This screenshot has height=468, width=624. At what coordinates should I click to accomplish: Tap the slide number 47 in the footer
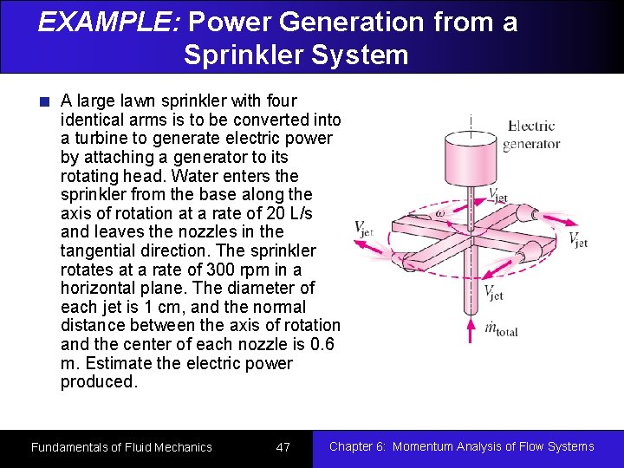coord(283,447)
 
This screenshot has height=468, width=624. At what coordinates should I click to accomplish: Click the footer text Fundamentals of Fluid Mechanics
coord(121,447)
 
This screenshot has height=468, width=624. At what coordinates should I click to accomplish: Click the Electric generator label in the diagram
coord(531,135)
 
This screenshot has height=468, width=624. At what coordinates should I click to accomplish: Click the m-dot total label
coord(501,328)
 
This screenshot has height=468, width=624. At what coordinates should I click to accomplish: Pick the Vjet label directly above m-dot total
coord(494,293)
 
